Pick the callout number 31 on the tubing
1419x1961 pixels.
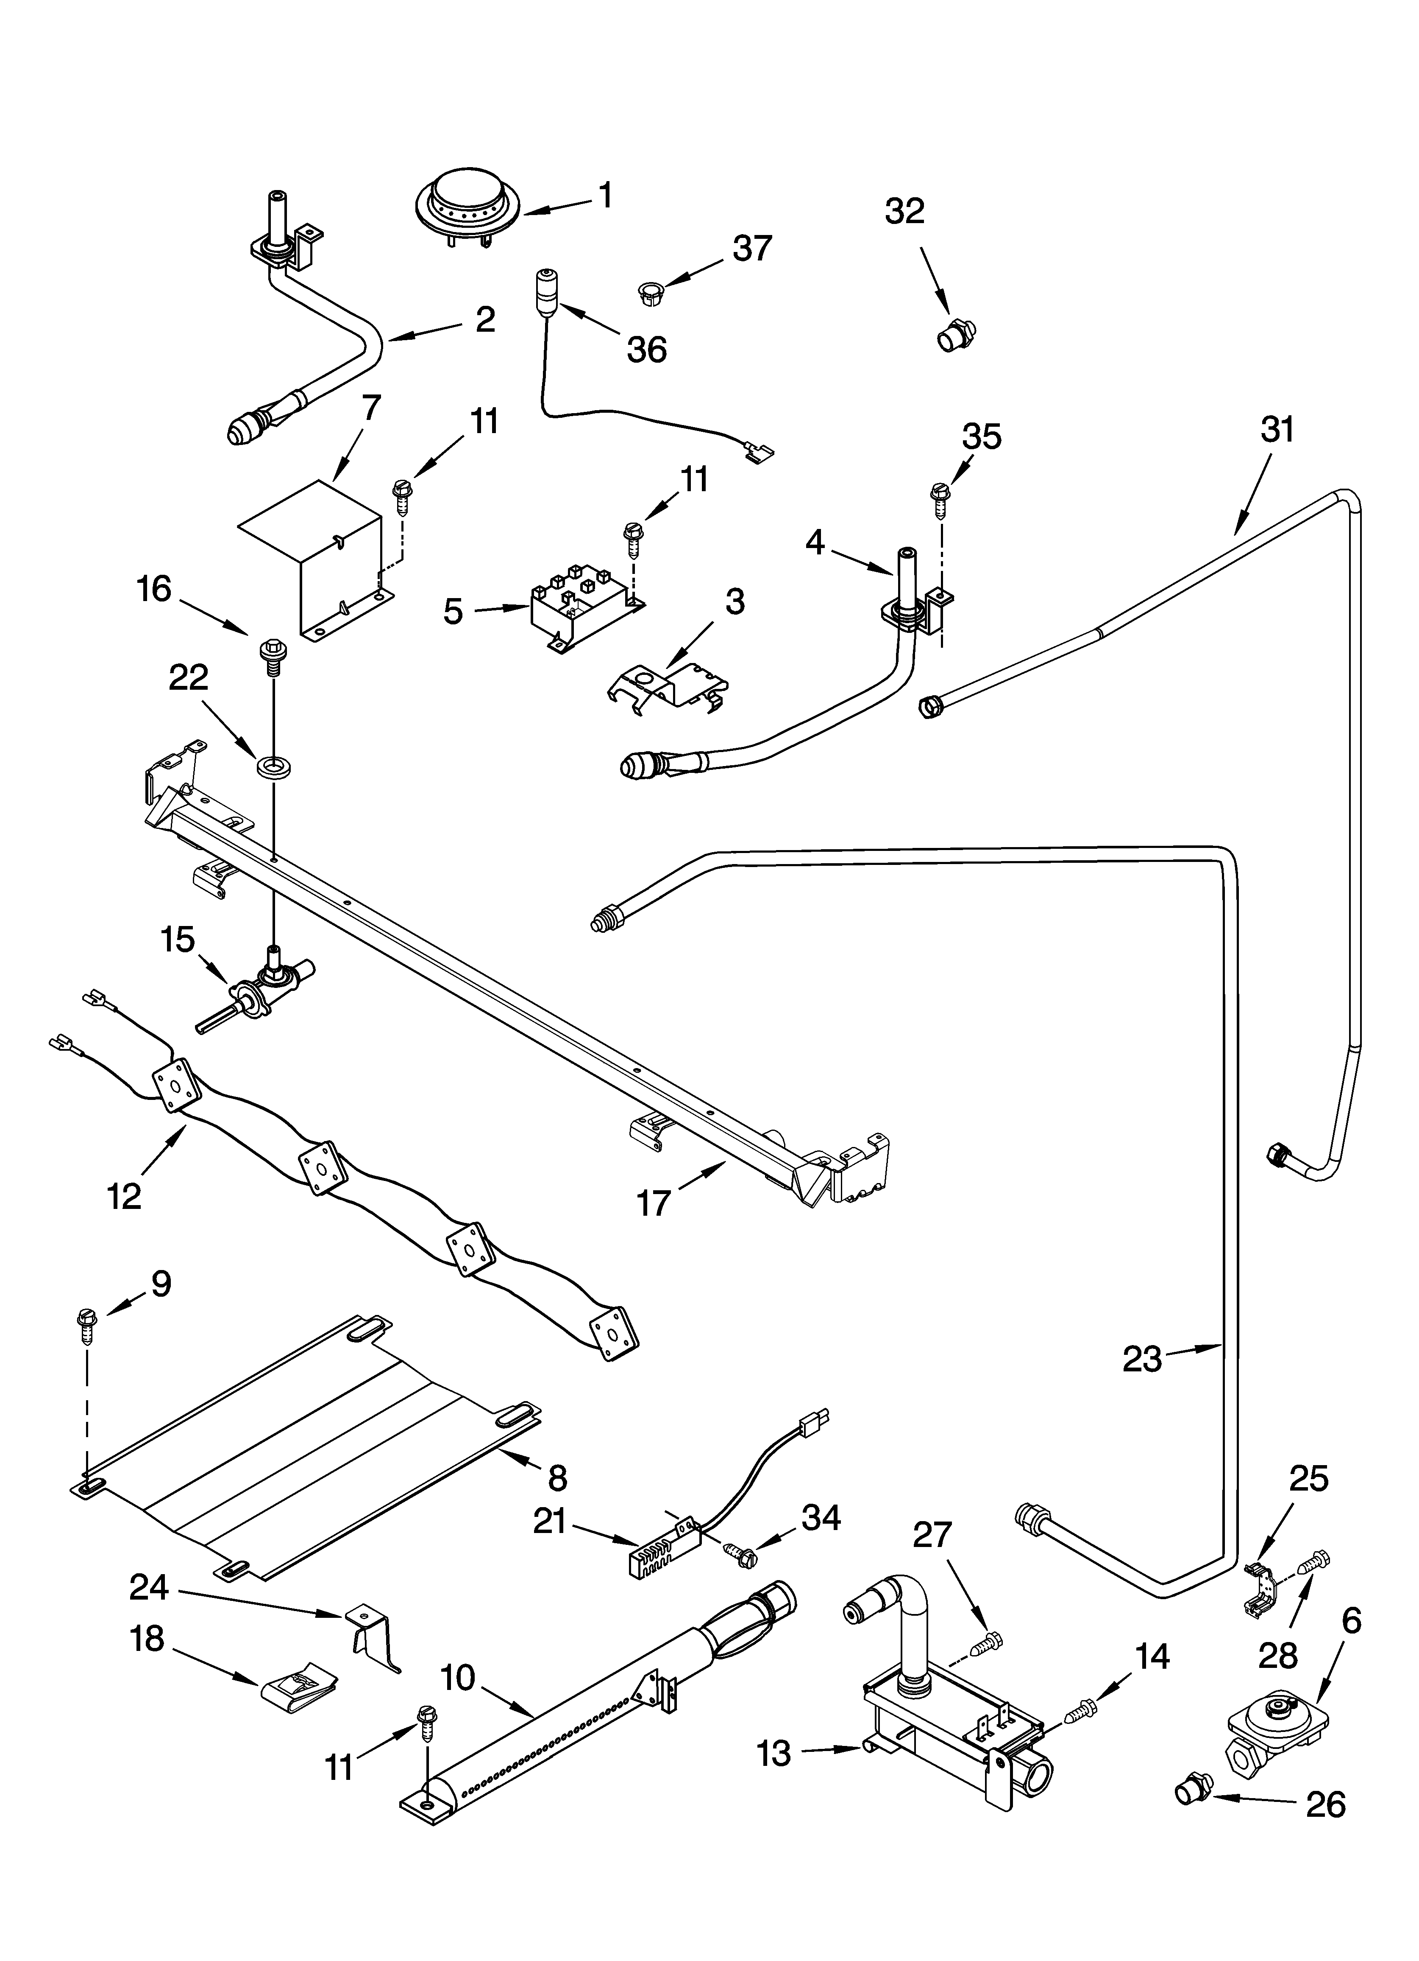coord(1277,430)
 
